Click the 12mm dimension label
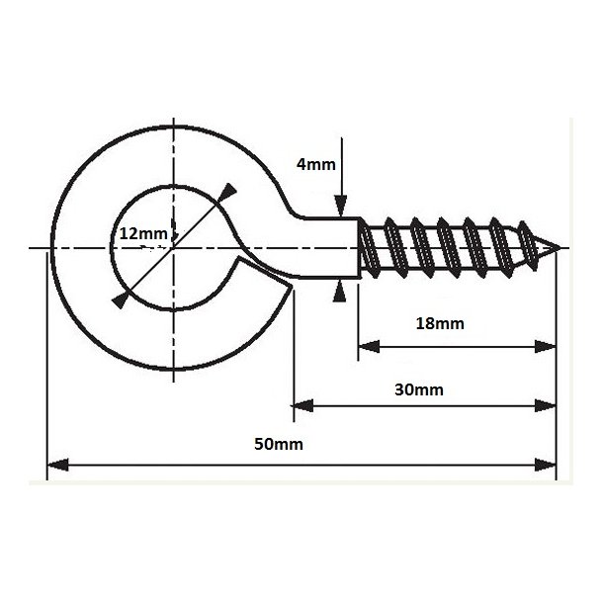click(x=143, y=233)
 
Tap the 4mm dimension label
click(x=315, y=164)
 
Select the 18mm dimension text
click(x=440, y=324)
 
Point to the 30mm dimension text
click(x=419, y=389)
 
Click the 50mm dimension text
click(x=279, y=444)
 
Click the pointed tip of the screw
click(x=560, y=248)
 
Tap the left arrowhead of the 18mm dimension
click(x=369, y=347)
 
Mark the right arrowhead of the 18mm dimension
click(x=546, y=347)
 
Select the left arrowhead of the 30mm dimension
click(x=303, y=405)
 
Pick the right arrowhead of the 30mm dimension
click(x=546, y=405)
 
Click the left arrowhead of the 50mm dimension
click(x=57, y=465)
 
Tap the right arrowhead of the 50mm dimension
click(x=546, y=465)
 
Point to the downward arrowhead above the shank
click(x=341, y=206)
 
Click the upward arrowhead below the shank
click(x=339, y=292)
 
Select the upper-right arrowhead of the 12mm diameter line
click(x=227, y=192)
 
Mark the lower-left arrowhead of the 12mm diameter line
click(x=120, y=301)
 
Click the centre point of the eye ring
click(x=173, y=248)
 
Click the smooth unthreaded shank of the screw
click(x=331, y=247)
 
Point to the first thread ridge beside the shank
click(x=369, y=247)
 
